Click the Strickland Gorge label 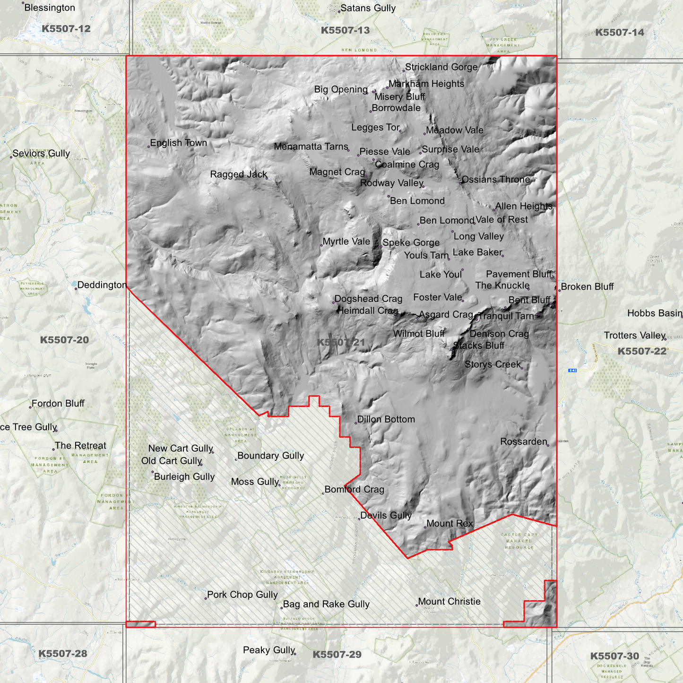[x=441, y=67]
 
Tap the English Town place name [x=178, y=143]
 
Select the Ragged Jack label [x=238, y=174]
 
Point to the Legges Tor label [x=375, y=128]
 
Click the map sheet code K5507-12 [x=66, y=29]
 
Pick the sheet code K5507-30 [x=614, y=656]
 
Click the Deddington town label [x=102, y=285]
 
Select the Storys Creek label [x=493, y=364]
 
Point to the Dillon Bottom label [x=386, y=419]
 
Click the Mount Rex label [x=449, y=524]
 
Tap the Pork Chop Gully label [x=242, y=595]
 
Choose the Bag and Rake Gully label [x=326, y=604]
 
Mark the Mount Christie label [x=449, y=602]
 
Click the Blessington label [x=49, y=8]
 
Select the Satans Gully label [x=368, y=8]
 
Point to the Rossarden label [x=523, y=441]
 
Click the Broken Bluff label [x=587, y=287]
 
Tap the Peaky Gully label [x=268, y=650]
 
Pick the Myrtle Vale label [x=346, y=242]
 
